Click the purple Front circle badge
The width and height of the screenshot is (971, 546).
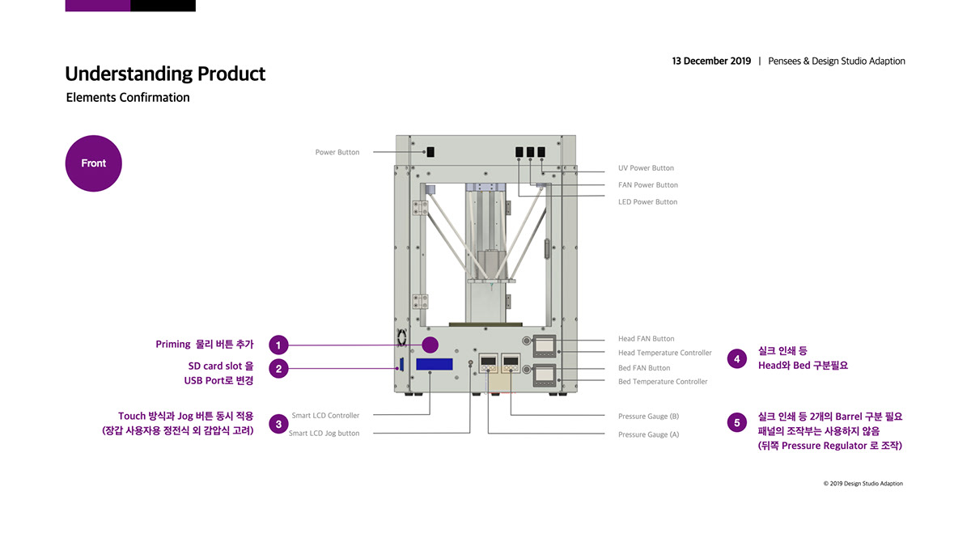point(93,163)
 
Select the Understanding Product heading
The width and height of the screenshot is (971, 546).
point(165,74)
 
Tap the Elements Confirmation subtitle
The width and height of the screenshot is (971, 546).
point(128,98)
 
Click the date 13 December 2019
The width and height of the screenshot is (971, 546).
point(711,61)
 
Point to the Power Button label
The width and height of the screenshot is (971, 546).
point(337,152)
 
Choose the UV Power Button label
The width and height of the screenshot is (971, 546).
point(646,168)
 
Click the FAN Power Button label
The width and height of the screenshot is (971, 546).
point(647,185)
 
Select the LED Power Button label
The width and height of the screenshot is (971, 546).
point(647,202)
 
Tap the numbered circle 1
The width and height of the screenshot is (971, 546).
point(278,345)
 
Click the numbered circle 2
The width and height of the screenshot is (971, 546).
point(278,369)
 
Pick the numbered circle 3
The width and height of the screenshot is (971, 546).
point(278,424)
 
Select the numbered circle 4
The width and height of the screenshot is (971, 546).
point(736,358)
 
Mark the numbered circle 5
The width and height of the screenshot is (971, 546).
point(736,422)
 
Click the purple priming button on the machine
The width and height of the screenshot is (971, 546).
point(430,345)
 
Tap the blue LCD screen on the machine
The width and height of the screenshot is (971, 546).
point(435,364)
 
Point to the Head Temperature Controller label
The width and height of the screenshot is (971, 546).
point(664,353)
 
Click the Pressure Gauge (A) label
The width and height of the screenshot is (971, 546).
point(648,434)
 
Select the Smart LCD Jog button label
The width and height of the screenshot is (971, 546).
point(324,434)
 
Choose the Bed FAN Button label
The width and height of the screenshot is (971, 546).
point(644,368)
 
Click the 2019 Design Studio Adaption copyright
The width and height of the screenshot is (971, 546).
point(863,484)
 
